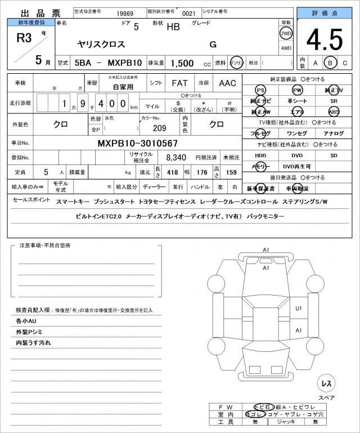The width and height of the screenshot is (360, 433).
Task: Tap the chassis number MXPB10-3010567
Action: tap(138, 144)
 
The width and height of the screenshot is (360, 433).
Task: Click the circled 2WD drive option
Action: tap(286, 33)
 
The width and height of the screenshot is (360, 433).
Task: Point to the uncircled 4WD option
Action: tap(286, 48)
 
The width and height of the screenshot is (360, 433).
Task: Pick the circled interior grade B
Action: tap(331, 63)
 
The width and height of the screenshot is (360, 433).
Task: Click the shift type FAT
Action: tap(179, 83)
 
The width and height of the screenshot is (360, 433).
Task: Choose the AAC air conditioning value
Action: tap(227, 83)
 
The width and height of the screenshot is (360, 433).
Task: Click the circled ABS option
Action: tap(334, 111)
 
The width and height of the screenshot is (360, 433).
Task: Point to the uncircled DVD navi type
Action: tap(296, 155)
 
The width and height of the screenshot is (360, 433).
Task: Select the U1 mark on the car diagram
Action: tap(299, 308)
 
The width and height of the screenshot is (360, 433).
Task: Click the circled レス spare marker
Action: tap(326, 383)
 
